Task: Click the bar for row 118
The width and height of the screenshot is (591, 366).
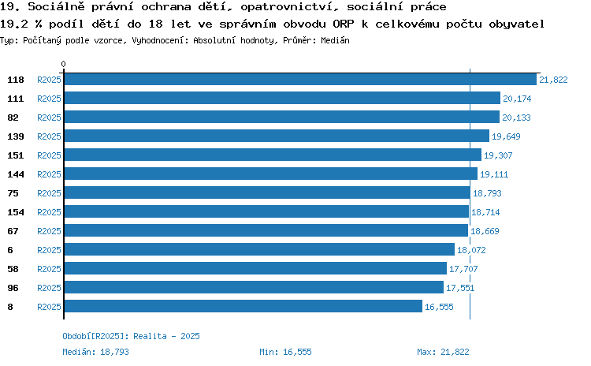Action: pyautogui.click(x=300, y=79)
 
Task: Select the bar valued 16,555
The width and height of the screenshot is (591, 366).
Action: pyautogui.click(x=243, y=306)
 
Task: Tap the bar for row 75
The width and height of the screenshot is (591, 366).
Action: pyautogui.click(x=267, y=192)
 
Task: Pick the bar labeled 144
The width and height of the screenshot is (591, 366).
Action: pyautogui.click(x=271, y=174)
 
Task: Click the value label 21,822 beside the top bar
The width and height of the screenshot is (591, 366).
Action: pyautogui.click(x=553, y=80)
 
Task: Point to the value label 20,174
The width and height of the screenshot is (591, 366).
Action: pyautogui.click(x=517, y=99)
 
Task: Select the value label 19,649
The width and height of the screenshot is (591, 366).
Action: pyautogui.click(x=506, y=136)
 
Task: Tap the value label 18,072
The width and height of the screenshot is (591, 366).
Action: pyautogui.click(x=471, y=250)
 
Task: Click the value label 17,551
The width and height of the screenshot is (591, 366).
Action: pyautogui.click(x=460, y=288)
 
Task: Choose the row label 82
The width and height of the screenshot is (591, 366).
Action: pyautogui.click(x=13, y=118)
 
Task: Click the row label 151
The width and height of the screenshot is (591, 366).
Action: pyautogui.click(x=16, y=155)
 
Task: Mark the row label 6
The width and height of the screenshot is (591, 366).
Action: pyautogui.click(x=10, y=250)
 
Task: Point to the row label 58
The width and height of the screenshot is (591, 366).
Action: pyautogui.click(x=13, y=269)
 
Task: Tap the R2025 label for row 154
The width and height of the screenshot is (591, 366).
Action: pyautogui.click(x=49, y=212)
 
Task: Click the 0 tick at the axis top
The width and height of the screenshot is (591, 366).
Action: pyautogui.click(x=63, y=64)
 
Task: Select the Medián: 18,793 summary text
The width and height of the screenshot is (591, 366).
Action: pyautogui.click(x=95, y=352)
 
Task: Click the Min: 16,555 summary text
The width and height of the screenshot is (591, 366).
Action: pyautogui.click(x=285, y=352)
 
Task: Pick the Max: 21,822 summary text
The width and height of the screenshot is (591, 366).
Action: pyautogui.click(x=443, y=352)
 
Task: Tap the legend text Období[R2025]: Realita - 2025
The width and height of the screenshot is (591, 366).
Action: pyautogui.click(x=131, y=336)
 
